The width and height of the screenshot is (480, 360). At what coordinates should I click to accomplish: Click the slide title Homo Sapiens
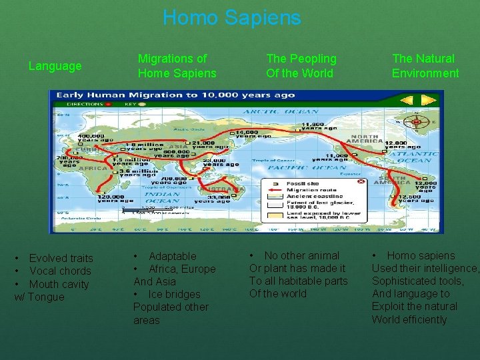(x=231, y=17)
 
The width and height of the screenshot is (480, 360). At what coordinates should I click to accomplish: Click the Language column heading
(x=55, y=66)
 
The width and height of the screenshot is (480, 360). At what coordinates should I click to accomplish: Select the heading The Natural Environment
(x=425, y=66)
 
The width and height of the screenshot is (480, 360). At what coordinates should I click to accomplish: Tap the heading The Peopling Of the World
(x=301, y=66)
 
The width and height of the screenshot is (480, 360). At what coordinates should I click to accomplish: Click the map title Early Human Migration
(x=175, y=95)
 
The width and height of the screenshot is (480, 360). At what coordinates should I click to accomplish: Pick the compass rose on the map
(x=418, y=122)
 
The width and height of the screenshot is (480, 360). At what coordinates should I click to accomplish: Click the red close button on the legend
(x=361, y=181)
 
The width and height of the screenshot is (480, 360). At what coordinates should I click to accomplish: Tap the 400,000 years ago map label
(x=94, y=139)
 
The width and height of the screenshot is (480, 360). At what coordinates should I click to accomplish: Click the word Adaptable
(x=172, y=256)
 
